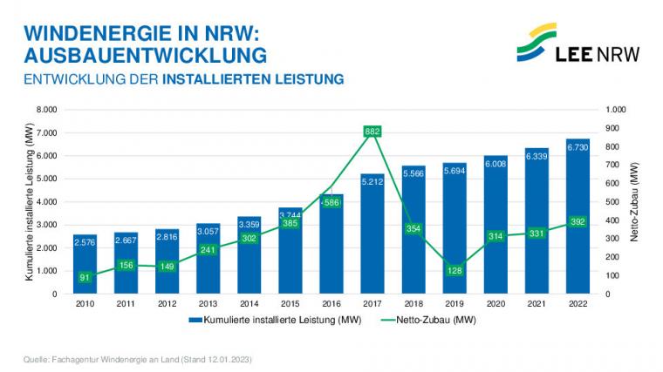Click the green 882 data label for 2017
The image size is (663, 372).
tap(373, 132)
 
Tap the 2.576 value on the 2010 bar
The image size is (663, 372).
tap(85, 240)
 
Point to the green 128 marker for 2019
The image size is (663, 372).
tap(455, 270)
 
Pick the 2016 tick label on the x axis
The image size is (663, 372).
tap(331, 303)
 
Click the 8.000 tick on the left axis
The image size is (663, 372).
tap(45, 110)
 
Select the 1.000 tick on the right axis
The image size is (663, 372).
tap(616, 110)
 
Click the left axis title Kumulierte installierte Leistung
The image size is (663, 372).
tap(29, 201)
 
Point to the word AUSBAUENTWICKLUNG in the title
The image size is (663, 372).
tap(145, 56)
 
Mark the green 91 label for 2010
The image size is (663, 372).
tap(85, 277)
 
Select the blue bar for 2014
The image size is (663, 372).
tap(249, 261)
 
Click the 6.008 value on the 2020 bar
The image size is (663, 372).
tap(496, 163)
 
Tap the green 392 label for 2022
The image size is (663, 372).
tap(578, 222)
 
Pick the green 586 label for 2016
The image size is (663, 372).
tap(331, 202)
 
